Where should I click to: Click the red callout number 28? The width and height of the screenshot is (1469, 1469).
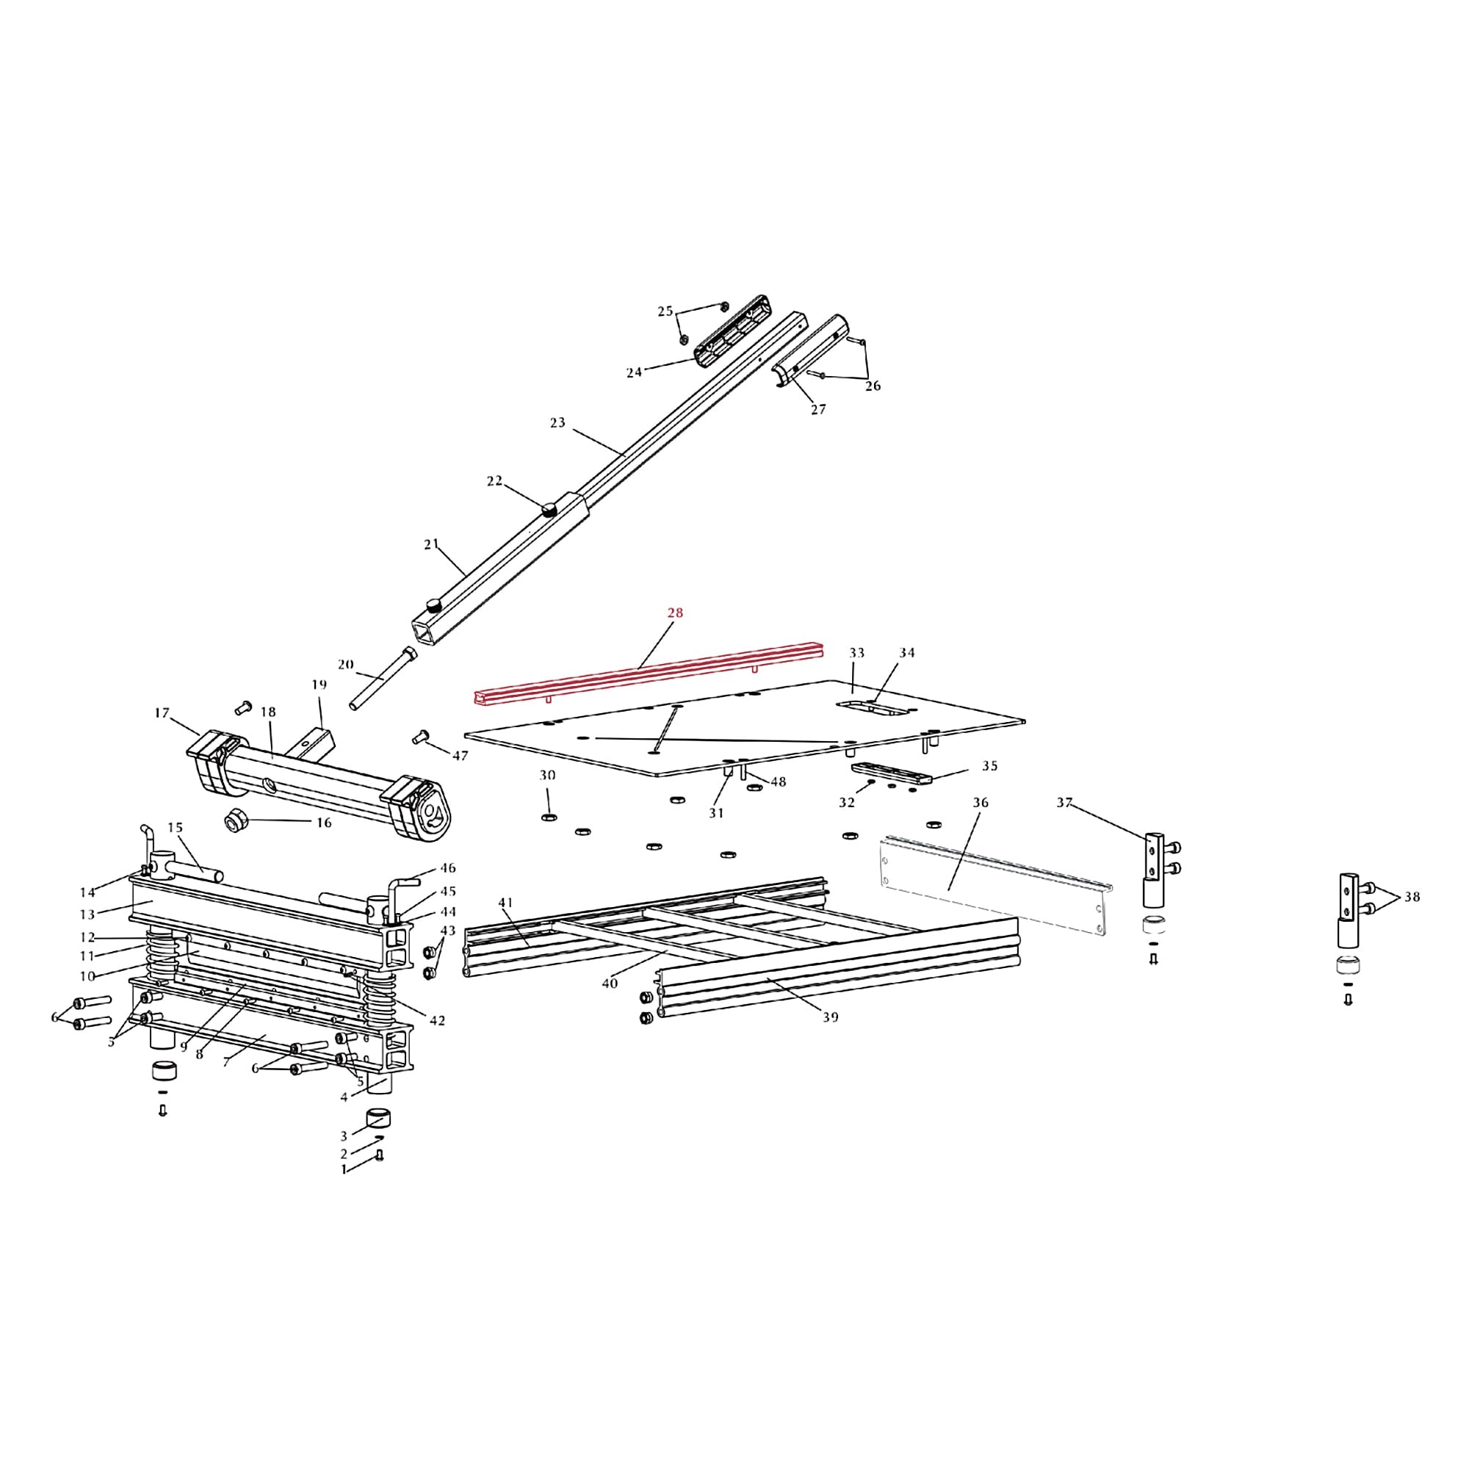point(675,613)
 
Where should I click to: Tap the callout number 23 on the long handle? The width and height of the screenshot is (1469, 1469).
point(557,423)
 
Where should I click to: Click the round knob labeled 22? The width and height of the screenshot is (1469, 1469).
point(549,508)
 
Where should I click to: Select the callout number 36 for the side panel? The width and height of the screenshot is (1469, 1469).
point(980,803)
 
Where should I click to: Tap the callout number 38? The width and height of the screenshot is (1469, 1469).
point(1412,898)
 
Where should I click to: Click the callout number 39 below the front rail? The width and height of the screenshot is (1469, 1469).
point(830,1017)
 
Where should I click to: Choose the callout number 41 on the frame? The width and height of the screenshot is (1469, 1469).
point(505,903)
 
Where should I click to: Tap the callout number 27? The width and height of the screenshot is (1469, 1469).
point(818,410)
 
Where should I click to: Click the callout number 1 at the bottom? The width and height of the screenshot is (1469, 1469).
point(344,1169)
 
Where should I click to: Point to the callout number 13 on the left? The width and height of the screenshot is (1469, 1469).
point(87,914)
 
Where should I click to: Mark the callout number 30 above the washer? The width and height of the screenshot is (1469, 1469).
point(547,776)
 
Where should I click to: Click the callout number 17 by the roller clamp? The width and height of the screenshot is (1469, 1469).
point(161,713)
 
